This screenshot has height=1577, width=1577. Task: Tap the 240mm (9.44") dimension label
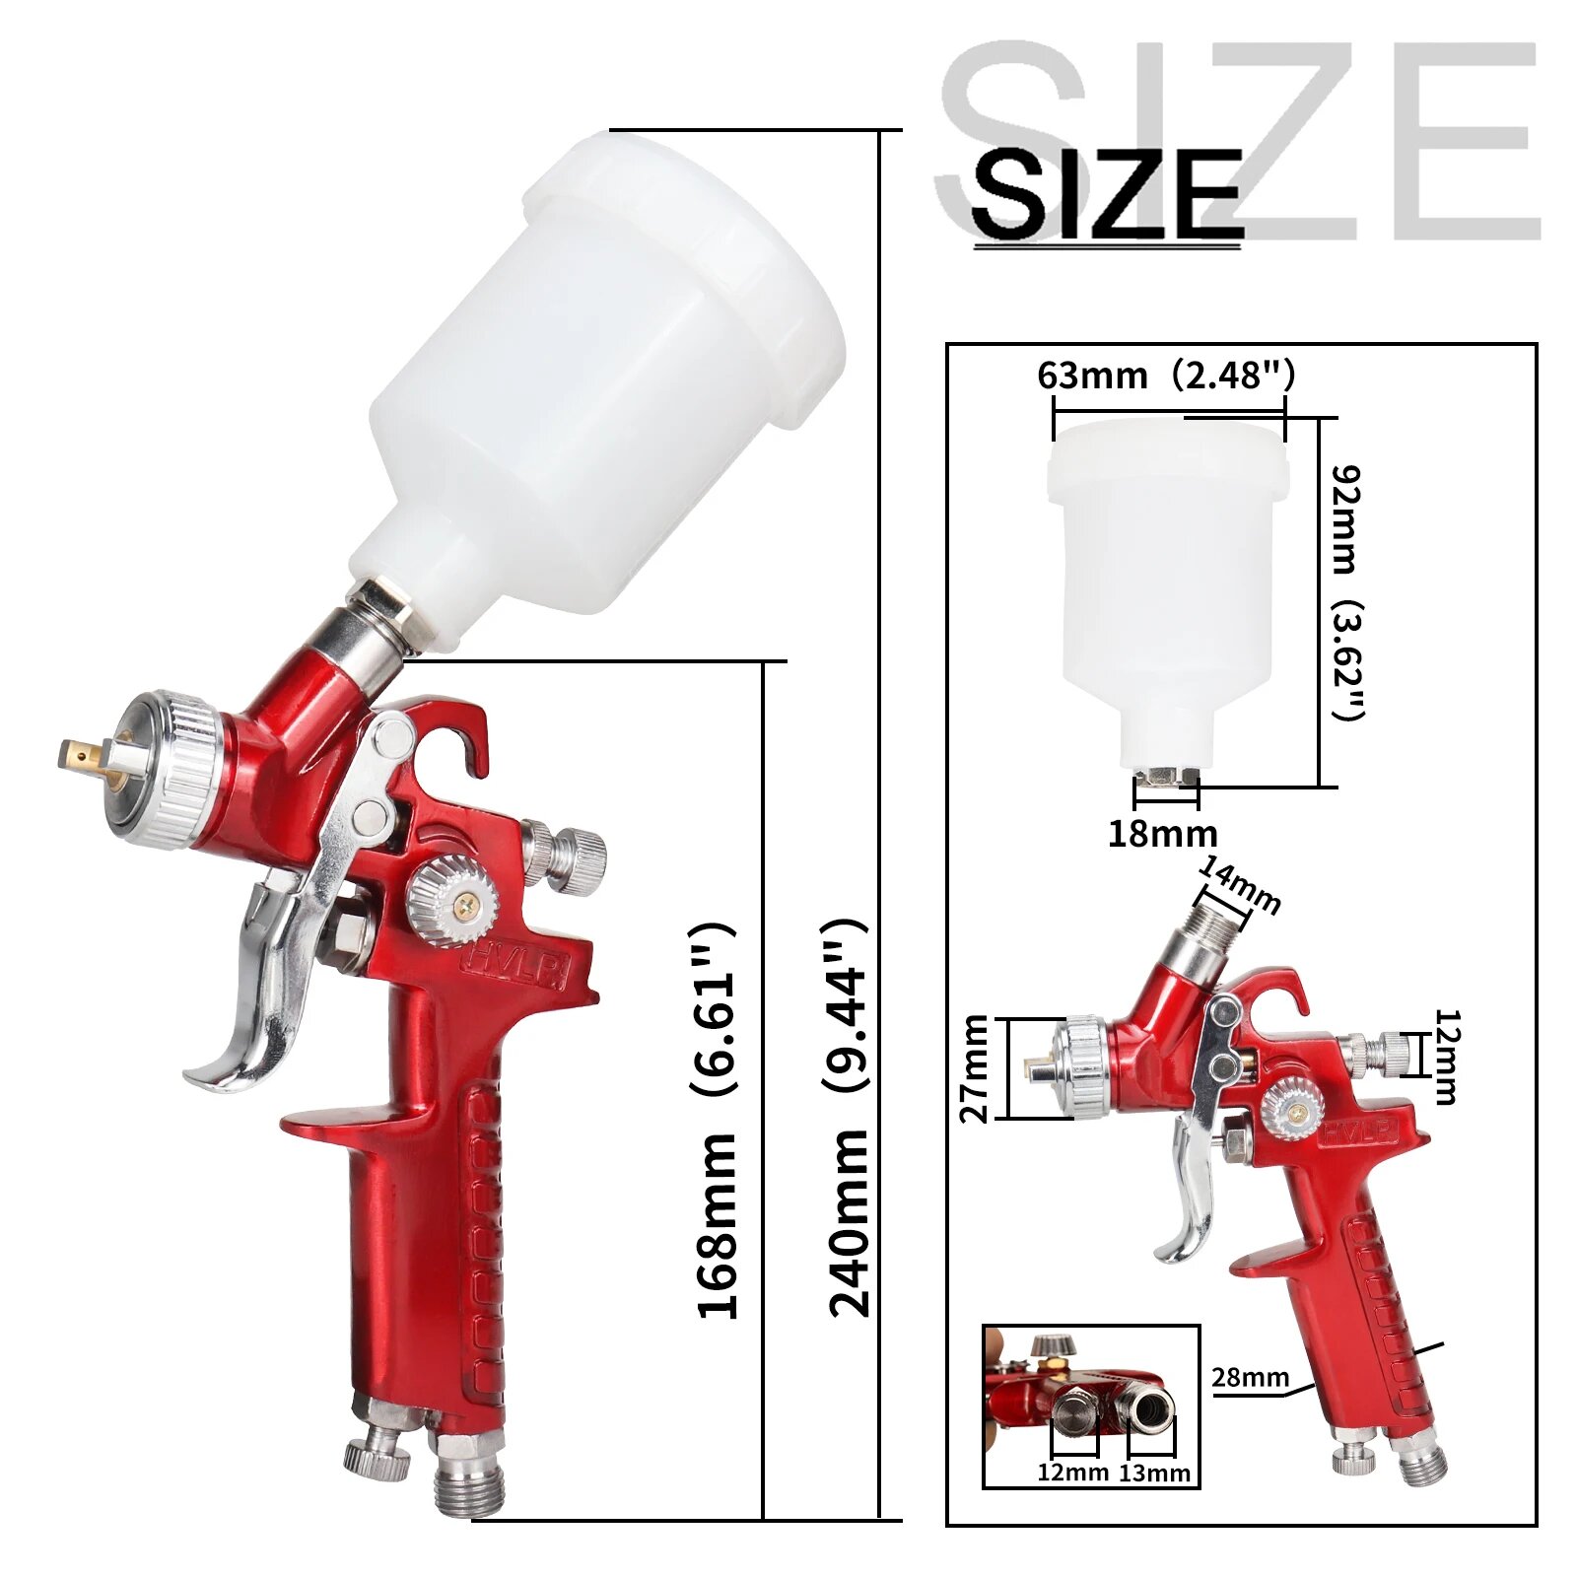848,1119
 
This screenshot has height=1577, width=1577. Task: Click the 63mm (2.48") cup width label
1165,376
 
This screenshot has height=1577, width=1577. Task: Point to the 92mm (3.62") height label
1347,592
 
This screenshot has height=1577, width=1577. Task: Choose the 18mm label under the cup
1162,835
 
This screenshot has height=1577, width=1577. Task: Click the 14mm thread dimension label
1240,884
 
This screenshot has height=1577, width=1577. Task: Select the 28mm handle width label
1250,1377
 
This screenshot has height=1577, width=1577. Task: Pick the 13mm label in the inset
1154,1474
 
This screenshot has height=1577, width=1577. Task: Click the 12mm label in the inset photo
1072,1474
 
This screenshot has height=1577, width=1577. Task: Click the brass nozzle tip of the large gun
79,755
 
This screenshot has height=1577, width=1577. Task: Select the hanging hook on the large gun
463,729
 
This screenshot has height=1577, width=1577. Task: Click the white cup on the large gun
601,384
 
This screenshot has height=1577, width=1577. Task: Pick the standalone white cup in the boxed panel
1167,582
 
